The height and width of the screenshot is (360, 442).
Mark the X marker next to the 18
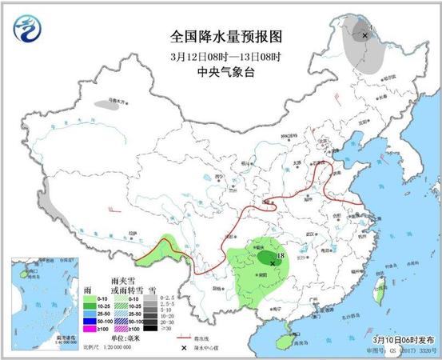[273, 262]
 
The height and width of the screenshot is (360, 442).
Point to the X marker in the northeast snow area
[364, 35]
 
